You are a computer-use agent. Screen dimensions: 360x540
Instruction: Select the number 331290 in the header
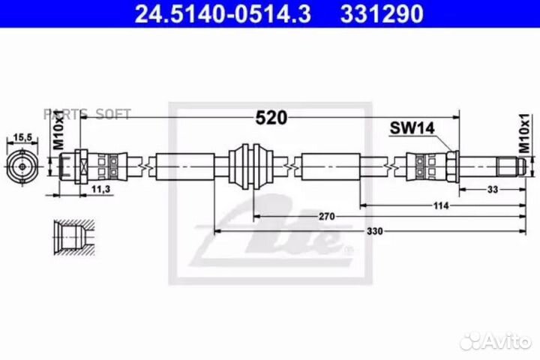[382, 13]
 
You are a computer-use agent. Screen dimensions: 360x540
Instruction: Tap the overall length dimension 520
[271, 118]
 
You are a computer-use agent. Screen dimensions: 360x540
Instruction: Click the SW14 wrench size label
[412, 128]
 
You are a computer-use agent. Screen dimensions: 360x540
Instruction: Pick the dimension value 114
[440, 204]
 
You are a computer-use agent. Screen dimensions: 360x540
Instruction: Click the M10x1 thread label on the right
[525, 133]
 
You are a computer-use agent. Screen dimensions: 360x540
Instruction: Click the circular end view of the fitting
[22, 165]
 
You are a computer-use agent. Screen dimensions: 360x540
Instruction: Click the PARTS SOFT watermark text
[87, 114]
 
